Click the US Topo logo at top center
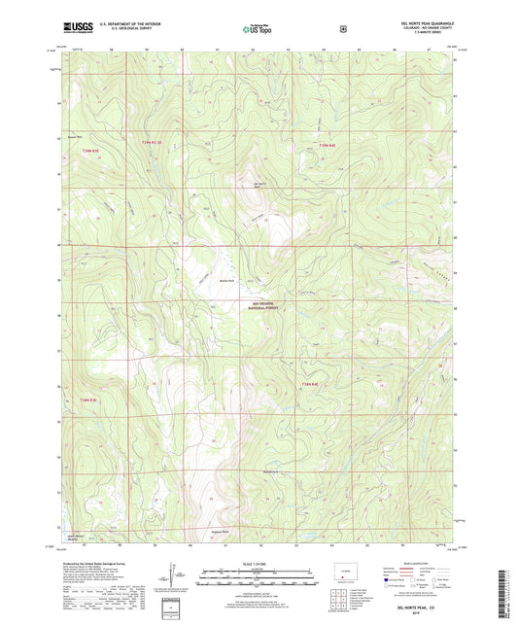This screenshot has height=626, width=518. pyautogui.click(x=258, y=28)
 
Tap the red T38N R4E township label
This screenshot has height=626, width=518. pyautogui.click(x=310, y=386)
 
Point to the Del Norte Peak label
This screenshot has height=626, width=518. pyautogui.click(x=259, y=187)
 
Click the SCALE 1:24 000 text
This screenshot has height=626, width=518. pyautogui.click(x=259, y=565)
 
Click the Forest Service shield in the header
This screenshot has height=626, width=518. pyautogui.click(x=341, y=27)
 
